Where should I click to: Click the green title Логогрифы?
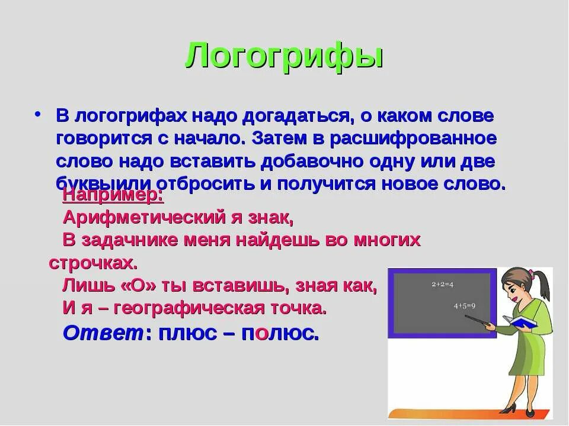tap(284, 57)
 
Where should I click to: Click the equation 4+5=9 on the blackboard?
tap(465, 306)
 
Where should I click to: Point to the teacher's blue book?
tap(522, 323)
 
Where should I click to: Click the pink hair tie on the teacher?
tap(532, 273)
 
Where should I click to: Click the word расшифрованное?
tap(413, 138)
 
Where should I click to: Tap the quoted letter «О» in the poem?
tap(142, 286)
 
